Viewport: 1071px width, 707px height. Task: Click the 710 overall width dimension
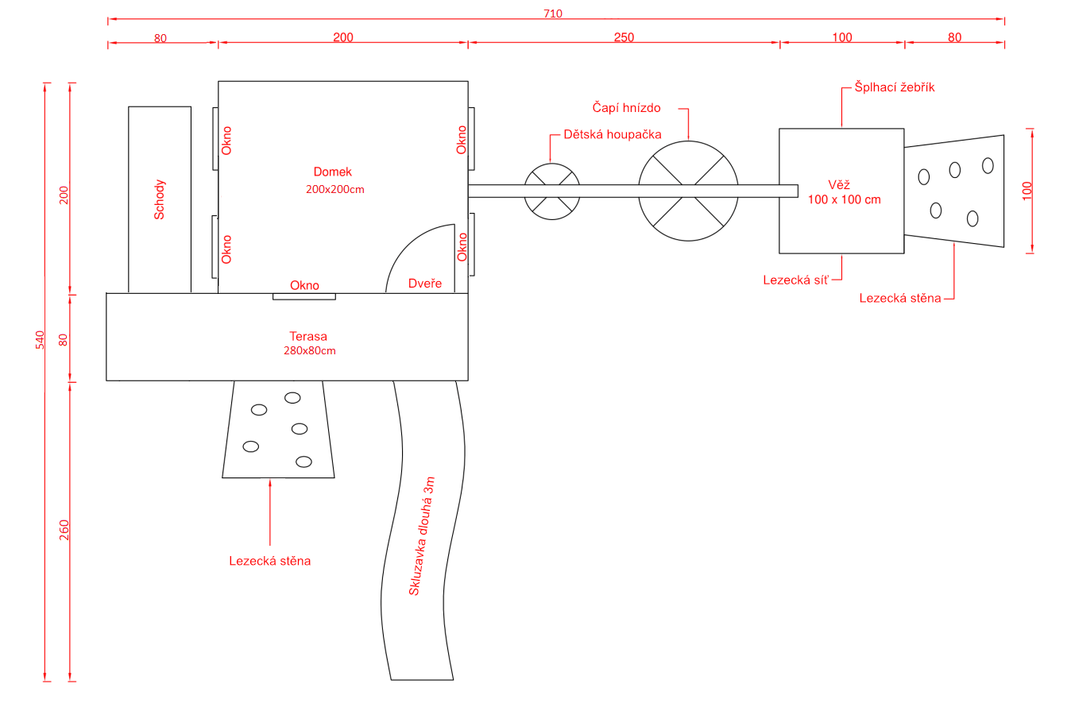click(x=553, y=14)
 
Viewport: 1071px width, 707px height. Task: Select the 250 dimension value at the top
click(x=624, y=37)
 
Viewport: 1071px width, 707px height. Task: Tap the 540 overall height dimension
click(x=40, y=340)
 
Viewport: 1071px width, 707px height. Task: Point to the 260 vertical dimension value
click(x=64, y=530)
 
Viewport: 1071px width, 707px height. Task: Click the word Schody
click(x=159, y=200)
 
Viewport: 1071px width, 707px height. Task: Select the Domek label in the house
click(x=332, y=172)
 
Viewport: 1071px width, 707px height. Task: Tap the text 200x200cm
click(x=334, y=189)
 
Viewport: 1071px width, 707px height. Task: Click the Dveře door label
click(x=424, y=283)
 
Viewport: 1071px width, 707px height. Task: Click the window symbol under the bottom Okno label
click(x=304, y=296)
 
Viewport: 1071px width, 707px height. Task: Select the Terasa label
click(x=308, y=336)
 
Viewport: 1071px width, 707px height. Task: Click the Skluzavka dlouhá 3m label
click(x=421, y=536)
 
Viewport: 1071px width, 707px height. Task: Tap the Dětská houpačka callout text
click(x=613, y=134)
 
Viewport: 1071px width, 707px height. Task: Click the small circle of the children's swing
click(x=552, y=164)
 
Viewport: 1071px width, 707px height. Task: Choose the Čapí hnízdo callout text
click(x=626, y=107)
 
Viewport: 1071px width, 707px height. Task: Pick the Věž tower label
click(x=839, y=184)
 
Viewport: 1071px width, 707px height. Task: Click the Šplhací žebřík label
click(x=894, y=87)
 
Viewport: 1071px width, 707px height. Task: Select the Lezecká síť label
click(x=795, y=280)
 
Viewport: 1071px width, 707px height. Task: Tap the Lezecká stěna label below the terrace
click(x=269, y=561)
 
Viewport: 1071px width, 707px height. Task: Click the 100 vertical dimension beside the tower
click(x=1027, y=191)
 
